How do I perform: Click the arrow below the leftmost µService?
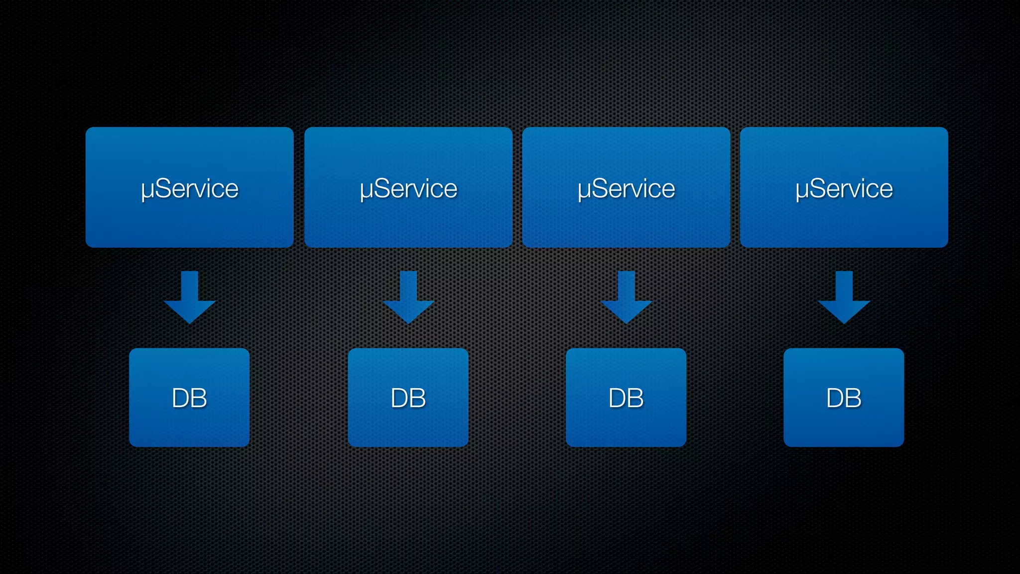tap(189, 299)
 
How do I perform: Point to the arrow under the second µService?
tap(408, 299)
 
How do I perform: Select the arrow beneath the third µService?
tap(626, 299)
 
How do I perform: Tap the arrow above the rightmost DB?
tap(844, 299)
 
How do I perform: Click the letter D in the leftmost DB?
tap(180, 398)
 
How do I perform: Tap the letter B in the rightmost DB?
tap(853, 398)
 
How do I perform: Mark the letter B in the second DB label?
tap(417, 398)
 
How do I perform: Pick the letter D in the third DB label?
tap(617, 398)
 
